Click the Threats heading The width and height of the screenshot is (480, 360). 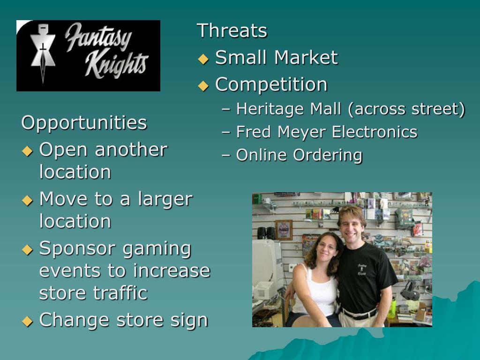(232, 31)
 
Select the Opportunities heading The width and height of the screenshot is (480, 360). (84, 123)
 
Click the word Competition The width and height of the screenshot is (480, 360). (271, 84)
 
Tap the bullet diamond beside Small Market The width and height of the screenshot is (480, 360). (203, 59)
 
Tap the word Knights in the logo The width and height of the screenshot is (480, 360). (116, 66)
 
